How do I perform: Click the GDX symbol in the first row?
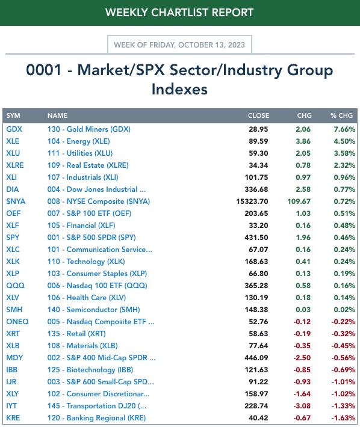[14, 129]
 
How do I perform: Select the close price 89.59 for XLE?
[258, 141]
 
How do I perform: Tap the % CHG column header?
[342, 115]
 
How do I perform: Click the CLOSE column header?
[258, 115]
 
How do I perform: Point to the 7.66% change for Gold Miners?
[344, 129]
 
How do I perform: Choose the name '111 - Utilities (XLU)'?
[80, 153]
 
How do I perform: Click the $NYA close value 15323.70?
[252, 201]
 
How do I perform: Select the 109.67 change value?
[299, 201]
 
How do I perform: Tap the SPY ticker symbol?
[13, 238]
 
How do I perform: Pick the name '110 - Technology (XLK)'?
[86, 262]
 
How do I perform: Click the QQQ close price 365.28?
[256, 286]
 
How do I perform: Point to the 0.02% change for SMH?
[344, 310]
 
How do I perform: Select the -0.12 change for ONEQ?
[302, 322]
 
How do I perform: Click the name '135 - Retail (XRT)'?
[76, 334]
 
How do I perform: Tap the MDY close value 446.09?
[256, 358]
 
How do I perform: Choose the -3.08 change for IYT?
[302, 406]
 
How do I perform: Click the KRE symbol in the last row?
[13, 418]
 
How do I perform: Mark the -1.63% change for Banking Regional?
[343, 418]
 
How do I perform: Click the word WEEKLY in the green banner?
[126, 13]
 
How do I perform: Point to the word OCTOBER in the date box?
[202, 45]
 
